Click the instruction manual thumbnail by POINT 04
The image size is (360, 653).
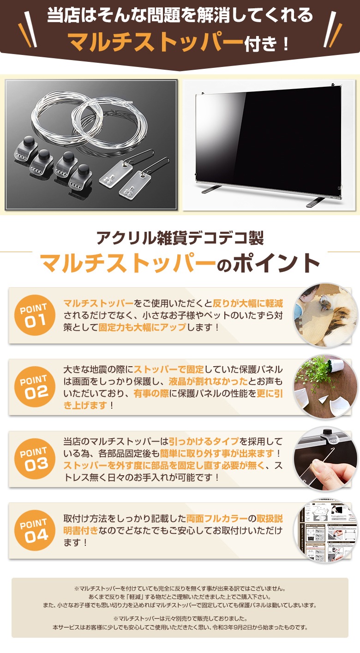coord(327,530)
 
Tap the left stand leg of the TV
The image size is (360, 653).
coord(212,190)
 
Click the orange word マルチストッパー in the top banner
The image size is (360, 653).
coord(156,42)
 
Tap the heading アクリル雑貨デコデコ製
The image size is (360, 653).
coord(180,238)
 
